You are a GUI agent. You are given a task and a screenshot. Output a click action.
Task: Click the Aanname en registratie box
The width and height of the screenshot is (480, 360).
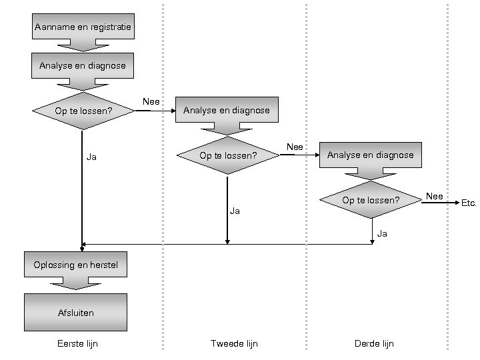pos(83,27)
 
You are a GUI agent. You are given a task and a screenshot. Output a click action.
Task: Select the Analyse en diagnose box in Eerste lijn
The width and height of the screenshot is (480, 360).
pos(82,65)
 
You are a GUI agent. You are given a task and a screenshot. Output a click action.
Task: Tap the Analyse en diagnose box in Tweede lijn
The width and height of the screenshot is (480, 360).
pos(227,110)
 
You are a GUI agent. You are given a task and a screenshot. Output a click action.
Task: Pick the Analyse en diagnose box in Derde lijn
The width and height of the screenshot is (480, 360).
pos(371,155)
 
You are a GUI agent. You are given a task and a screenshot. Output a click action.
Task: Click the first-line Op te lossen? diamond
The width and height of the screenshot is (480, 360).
pos(83,111)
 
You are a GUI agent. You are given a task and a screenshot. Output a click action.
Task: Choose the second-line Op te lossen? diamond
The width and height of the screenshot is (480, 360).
pos(228,155)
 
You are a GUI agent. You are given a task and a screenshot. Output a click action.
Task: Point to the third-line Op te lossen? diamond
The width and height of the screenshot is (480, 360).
pos(371,200)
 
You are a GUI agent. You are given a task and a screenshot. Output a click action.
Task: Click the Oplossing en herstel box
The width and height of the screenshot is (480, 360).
pos(75,265)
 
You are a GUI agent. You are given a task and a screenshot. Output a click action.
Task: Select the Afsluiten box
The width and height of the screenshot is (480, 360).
pos(75,312)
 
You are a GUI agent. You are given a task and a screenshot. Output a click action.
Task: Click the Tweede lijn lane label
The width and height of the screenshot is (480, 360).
pos(234,344)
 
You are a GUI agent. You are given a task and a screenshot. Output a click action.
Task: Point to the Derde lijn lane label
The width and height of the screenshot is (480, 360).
pos(374,344)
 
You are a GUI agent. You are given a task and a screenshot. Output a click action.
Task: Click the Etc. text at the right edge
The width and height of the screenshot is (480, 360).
pos(469,203)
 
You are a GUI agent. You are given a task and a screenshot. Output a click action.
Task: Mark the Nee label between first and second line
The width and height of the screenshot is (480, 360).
pos(151,101)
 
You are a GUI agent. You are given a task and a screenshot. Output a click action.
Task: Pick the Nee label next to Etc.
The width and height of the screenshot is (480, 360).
pos(435,196)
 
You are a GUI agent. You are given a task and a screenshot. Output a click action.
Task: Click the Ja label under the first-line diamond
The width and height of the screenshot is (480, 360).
pos(92,157)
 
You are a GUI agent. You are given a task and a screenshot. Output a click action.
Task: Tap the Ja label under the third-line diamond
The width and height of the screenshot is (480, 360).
pos(382,233)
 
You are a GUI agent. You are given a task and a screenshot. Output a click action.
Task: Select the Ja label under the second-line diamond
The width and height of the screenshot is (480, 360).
pos(235,211)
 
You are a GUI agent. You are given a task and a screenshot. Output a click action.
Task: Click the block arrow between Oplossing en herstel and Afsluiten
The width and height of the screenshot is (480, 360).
pos(75,283)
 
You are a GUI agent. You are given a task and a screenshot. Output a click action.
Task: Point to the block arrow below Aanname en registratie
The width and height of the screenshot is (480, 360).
pos(82,45)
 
